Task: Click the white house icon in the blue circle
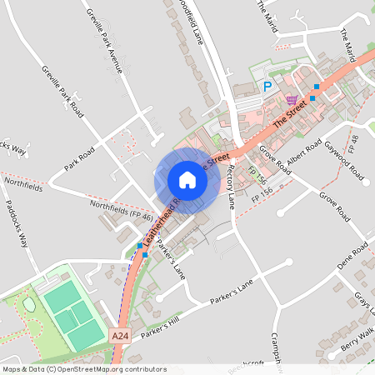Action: click(187, 180)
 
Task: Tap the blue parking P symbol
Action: click(267, 86)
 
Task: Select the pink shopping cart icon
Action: click(291, 99)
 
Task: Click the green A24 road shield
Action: click(119, 334)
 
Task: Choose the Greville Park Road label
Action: click(62, 87)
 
